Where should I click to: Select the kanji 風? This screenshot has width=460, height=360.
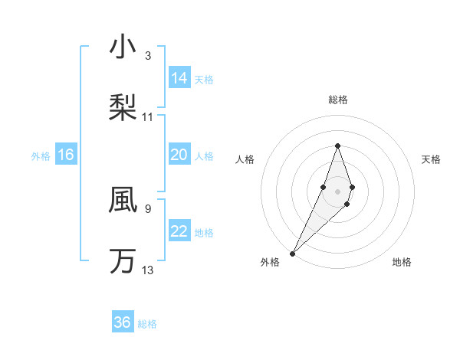[x=123, y=200]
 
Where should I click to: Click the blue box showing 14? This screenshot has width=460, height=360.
[x=179, y=78]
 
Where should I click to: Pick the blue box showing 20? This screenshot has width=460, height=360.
[x=179, y=155]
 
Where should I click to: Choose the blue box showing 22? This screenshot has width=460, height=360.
[x=179, y=231]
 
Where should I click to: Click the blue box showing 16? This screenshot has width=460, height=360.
[x=66, y=155]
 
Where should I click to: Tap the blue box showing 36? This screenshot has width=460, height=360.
[x=123, y=322]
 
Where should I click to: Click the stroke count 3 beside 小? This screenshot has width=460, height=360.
[x=148, y=56]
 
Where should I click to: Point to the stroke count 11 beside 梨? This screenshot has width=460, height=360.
[x=148, y=117]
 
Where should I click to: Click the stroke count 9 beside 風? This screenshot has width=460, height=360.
[x=148, y=208]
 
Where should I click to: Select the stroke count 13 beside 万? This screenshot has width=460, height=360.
[x=148, y=270]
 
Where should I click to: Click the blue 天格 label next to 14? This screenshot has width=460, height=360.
[x=204, y=79]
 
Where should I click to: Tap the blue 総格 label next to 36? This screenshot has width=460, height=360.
[x=148, y=324]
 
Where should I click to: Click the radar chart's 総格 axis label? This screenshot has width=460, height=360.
[x=338, y=100]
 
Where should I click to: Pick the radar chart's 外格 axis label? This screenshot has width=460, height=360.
[x=270, y=263]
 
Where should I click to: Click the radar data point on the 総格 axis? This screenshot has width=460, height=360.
[x=337, y=146]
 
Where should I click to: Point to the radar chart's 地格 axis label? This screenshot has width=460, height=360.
[x=402, y=263]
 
